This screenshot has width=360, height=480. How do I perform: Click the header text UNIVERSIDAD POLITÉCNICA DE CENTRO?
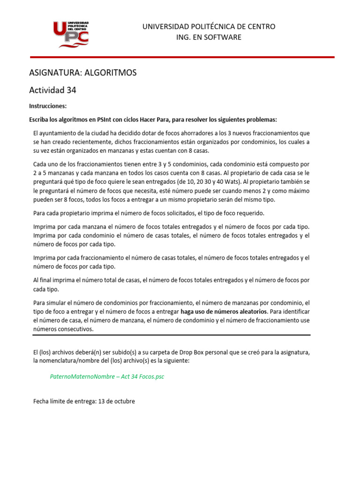(209, 27)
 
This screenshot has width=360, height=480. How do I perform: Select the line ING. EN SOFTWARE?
(209, 37)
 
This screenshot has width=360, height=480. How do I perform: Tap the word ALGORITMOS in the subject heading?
(106, 73)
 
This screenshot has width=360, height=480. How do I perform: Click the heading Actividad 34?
(52, 90)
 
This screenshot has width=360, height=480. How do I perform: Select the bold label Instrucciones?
(48, 106)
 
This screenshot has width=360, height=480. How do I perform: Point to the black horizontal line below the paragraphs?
(172, 335)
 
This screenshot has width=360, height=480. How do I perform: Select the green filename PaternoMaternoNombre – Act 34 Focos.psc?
(107, 377)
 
